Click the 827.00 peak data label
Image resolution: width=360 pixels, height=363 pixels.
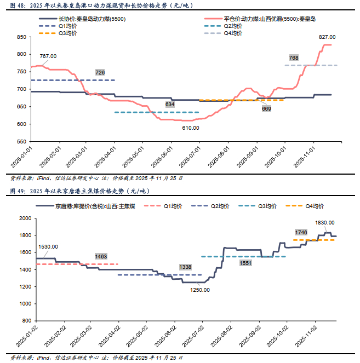(x=327, y=37)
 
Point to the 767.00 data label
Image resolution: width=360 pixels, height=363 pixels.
(x=48, y=56)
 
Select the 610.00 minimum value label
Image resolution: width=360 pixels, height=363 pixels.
(x=191, y=128)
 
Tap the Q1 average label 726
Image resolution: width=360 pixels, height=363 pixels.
(x=100, y=72)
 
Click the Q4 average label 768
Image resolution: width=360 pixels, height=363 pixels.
(x=294, y=57)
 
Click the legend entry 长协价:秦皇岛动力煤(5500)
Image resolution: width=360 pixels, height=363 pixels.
(x=87, y=19)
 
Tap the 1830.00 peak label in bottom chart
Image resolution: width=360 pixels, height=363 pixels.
(x=324, y=223)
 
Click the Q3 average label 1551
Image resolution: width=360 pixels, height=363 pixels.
(x=246, y=263)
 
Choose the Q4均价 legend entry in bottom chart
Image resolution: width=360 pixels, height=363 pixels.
(x=313, y=206)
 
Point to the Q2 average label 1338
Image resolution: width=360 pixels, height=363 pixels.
(x=186, y=267)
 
